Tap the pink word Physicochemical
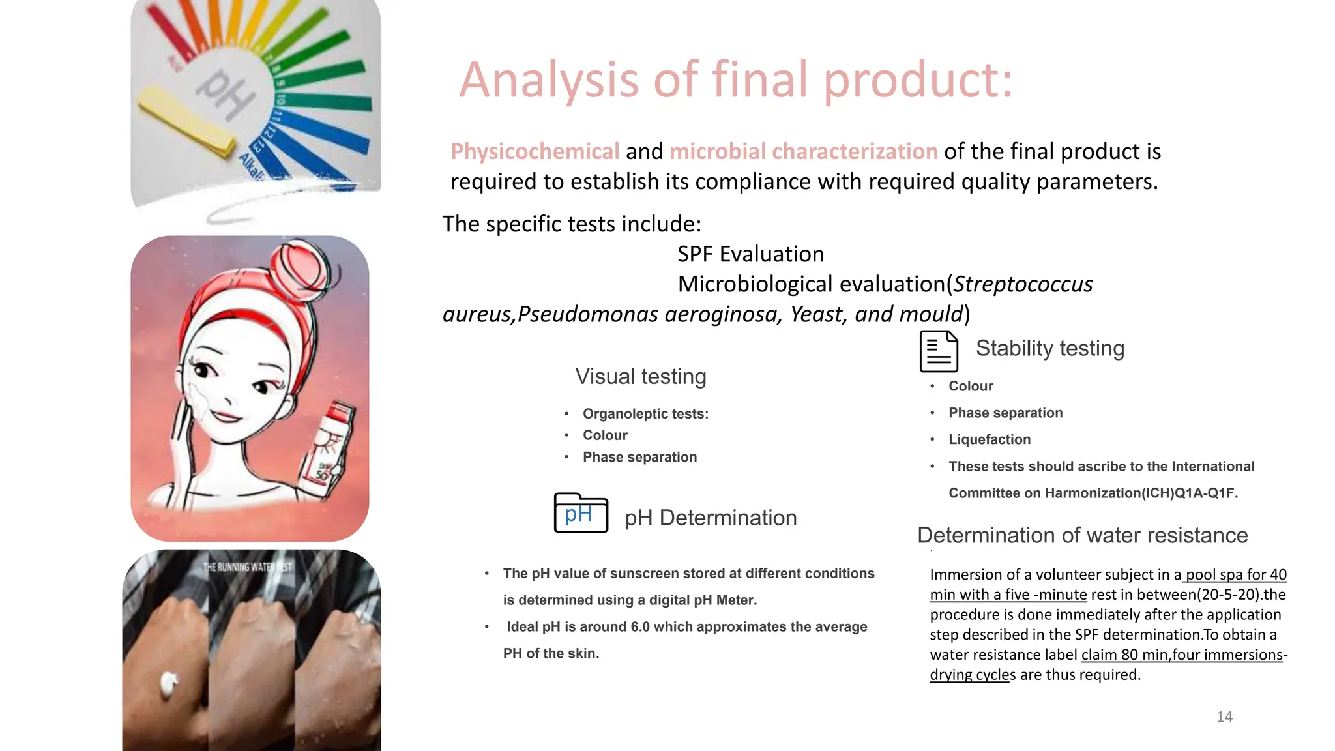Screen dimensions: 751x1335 (535, 151)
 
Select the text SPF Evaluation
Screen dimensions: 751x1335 (750, 254)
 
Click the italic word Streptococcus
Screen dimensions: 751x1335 (1023, 284)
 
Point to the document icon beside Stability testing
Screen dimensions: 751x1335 (939, 351)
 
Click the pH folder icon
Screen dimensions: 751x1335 (581, 514)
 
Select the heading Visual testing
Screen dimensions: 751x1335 (640, 377)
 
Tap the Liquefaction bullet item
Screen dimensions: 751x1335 (989, 439)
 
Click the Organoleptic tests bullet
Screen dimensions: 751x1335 (645, 414)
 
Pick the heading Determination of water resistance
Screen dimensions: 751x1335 (1082, 535)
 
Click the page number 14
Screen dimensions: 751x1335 (1224, 716)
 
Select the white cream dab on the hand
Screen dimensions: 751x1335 (169, 683)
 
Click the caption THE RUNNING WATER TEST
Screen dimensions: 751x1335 (247, 567)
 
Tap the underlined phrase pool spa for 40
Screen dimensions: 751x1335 (1236, 574)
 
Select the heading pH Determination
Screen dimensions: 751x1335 (711, 518)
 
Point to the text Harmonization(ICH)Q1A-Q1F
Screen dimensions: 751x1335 (1141, 493)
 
